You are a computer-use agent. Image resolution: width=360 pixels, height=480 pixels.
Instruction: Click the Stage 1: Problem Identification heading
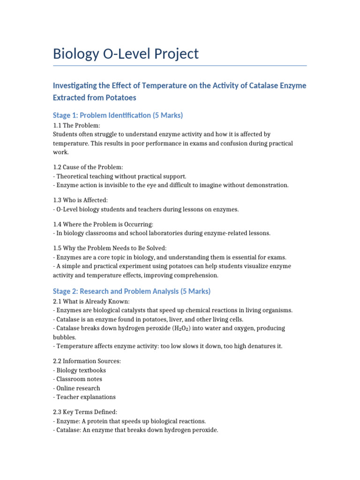point(118,115)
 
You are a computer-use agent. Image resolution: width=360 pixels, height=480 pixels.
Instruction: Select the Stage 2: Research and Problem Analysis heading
point(132,291)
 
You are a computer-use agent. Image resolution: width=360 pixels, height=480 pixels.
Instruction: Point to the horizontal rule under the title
point(180,66)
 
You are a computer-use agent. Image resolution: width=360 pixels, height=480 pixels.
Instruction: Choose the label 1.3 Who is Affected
point(80,200)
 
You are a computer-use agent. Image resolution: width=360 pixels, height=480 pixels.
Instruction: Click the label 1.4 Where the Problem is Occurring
point(103,225)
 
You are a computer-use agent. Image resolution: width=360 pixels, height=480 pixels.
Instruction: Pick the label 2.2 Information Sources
point(88,361)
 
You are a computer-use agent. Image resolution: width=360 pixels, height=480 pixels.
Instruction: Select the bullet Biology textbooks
point(81,370)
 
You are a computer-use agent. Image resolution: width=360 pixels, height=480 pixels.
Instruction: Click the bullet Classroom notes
point(79,379)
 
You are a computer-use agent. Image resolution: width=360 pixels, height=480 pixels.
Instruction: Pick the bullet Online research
point(78,388)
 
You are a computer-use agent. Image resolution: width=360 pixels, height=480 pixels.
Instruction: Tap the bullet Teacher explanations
point(86,397)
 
